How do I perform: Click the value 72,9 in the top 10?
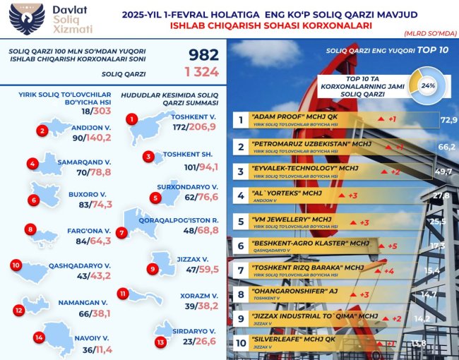[448, 121]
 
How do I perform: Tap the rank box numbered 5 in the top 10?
[241, 222]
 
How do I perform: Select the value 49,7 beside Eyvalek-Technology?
[445, 172]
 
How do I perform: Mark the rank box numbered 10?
[241, 343]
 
